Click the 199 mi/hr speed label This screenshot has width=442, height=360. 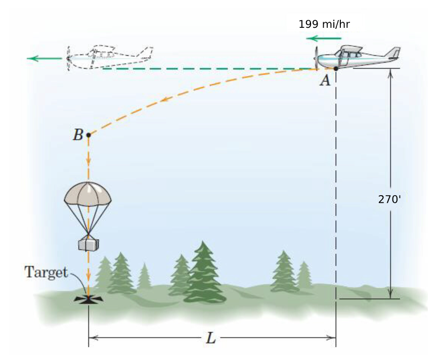click(x=324, y=24)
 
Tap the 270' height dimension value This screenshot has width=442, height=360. click(x=389, y=199)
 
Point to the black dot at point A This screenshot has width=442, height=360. click(x=335, y=68)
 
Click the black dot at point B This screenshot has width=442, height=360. click(x=89, y=135)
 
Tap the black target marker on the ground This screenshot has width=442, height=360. click(x=89, y=299)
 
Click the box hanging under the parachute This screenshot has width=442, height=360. click(x=88, y=244)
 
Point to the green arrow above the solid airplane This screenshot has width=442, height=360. click(x=324, y=38)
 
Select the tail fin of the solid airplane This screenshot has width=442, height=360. click(x=393, y=53)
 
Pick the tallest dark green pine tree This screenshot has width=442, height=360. click(x=204, y=273)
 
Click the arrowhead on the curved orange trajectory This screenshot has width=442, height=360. click(x=163, y=101)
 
